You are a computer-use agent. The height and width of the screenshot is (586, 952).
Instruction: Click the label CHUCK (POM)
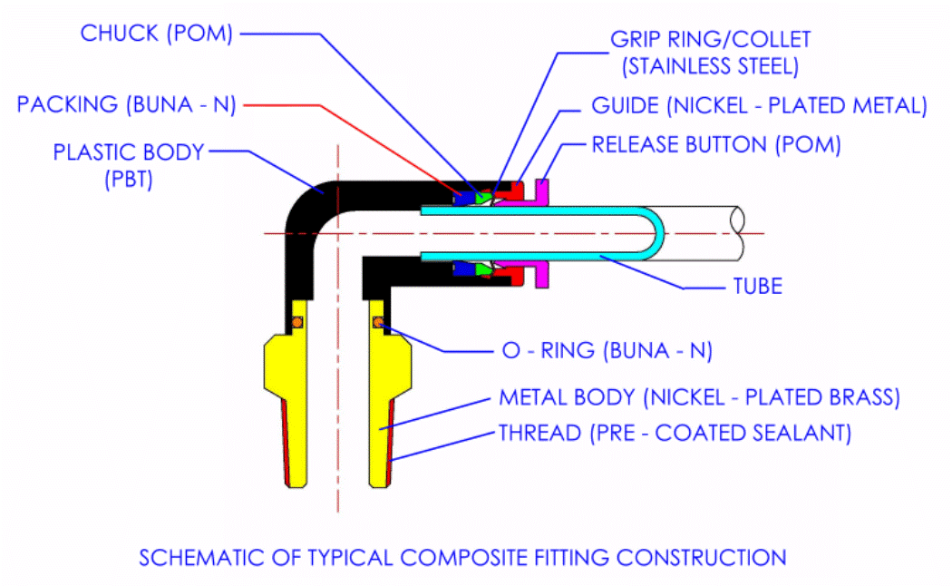coord(157,34)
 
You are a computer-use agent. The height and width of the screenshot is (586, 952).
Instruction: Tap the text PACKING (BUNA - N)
coord(126,104)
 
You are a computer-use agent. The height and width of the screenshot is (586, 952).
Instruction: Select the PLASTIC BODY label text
coord(129,152)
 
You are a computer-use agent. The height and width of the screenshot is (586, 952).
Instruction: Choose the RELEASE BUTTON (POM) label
coord(716,144)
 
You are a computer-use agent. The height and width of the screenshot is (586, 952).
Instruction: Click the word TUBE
coord(757,287)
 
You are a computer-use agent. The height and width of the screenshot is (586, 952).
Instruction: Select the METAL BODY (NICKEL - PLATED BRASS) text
coord(699,398)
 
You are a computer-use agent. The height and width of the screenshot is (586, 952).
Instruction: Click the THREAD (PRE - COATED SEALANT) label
coord(675,433)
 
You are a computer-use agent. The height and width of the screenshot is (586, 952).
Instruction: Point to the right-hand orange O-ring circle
coord(377,320)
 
